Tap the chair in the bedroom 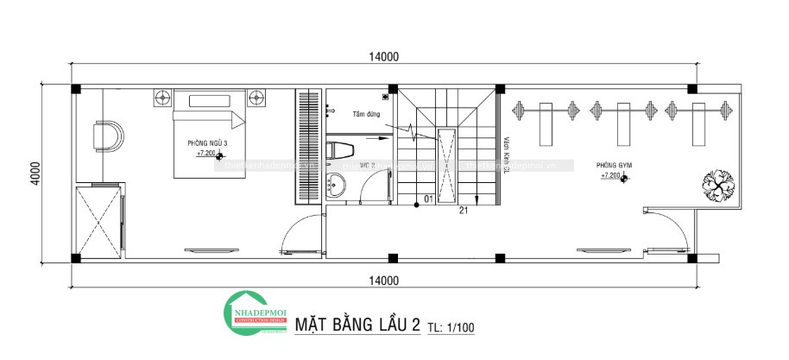pos(108,136)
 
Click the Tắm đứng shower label pos(365,114)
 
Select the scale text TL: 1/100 pos(451,327)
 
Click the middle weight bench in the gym pos(619,123)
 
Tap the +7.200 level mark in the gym pos(611,176)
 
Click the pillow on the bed pos(209,100)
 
